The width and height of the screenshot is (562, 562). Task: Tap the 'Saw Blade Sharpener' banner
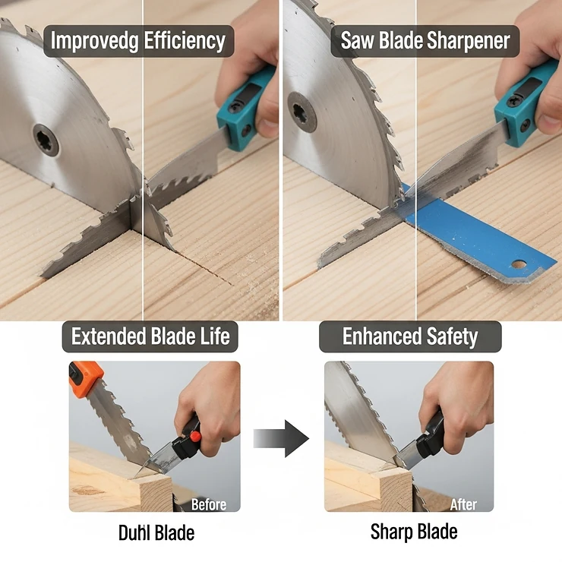point(425,39)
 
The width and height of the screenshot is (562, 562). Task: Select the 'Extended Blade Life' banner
point(150,336)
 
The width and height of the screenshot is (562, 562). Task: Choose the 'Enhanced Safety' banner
point(410,336)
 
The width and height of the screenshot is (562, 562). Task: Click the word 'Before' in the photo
point(208,504)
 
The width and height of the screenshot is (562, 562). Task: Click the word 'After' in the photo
point(463,504)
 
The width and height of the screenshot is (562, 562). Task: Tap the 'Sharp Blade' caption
point(414,532)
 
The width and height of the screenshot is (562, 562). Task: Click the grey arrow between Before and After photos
point(280,439)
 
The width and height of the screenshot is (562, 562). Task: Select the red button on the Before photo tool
point(195,437)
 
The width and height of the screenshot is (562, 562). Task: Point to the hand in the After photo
point(456,395)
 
